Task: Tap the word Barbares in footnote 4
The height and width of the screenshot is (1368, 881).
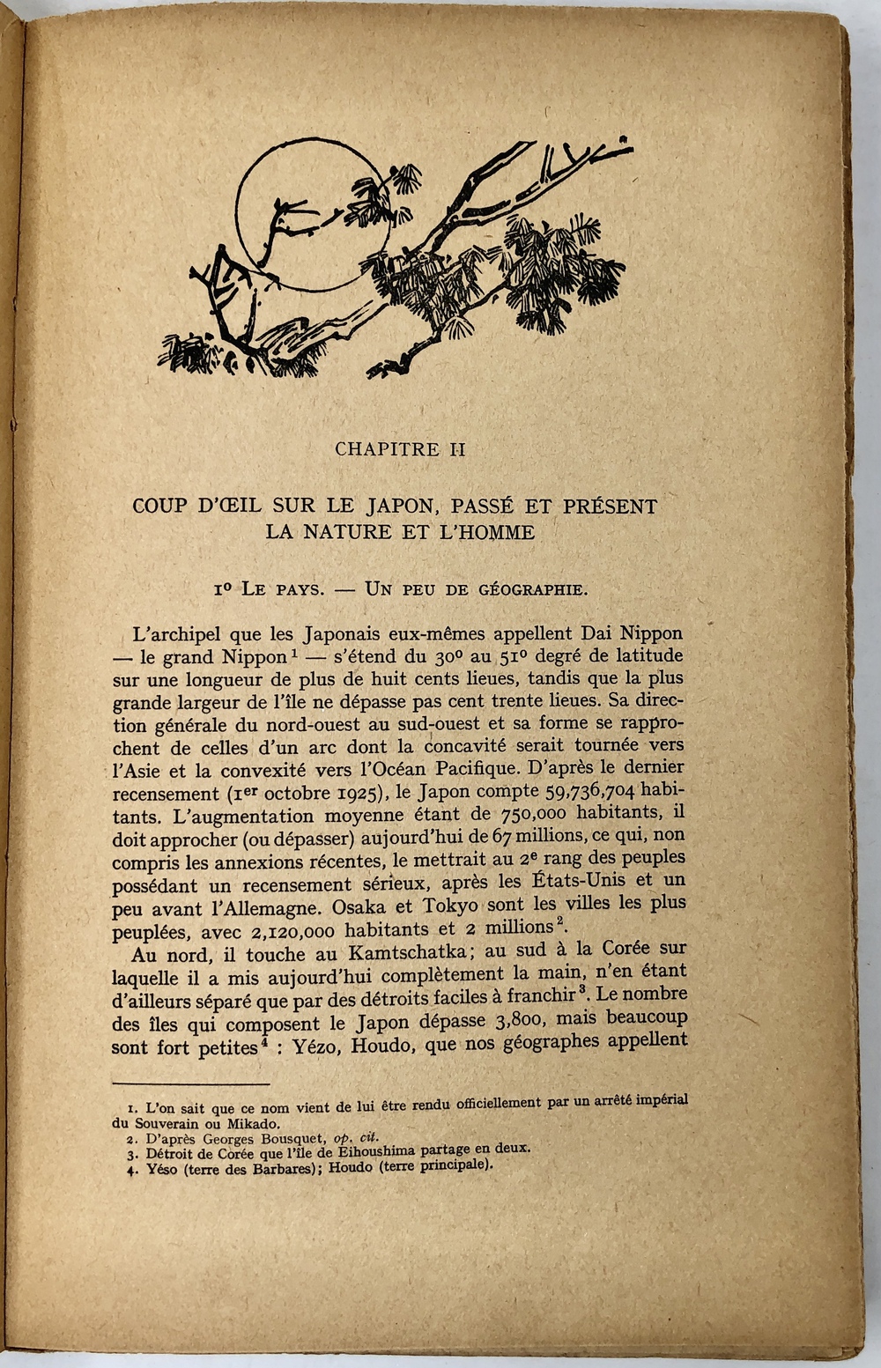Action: click(x=262, y=1165)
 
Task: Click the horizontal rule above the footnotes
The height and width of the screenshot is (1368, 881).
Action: click(x=191, y=1084)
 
